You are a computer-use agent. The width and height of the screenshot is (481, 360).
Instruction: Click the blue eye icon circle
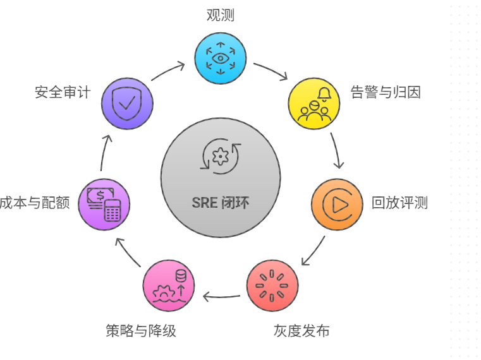pyautogui.click(x=220, y=58)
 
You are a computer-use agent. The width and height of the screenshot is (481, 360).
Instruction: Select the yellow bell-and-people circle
pyautogui.click(x=314, y=104)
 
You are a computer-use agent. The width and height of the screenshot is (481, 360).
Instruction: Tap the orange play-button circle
pyautogui.click(x=338, y=204)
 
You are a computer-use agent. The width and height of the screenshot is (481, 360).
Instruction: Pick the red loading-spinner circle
pyautogui.click(x=272, y=285)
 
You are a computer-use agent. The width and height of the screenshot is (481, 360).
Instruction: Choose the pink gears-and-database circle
pyautogui.click(x=169, y=285)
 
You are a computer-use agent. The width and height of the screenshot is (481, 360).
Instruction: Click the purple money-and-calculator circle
pyautogui.click(x=104, y=204)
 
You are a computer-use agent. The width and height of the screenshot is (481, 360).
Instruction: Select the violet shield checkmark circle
pyautogui.click(x=127, y=104)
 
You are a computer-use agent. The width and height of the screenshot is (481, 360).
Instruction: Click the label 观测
pyautogui.click(x=221, y=15)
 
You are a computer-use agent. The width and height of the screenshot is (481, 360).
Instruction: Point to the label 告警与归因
pyautogui.click(x=386, y=92)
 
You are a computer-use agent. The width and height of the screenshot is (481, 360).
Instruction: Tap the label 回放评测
pyautogui.click(x=399, y=203)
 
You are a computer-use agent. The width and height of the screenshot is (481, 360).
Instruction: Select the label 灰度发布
pyautogui.click(x=301, y=330)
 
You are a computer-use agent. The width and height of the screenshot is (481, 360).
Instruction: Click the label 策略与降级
pyautogui.click(x=140, y=330)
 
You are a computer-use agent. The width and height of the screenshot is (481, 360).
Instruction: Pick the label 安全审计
pyautogui.click(x=63, y=92)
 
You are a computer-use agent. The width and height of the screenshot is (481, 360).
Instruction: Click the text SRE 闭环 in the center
pyautogui.click(x=220, y=203)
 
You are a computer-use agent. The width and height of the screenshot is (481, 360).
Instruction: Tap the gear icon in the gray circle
pyautogui.click(x=221, y=155)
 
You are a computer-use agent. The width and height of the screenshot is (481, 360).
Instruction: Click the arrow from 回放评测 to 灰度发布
pyautogui.click(x=314, y=251)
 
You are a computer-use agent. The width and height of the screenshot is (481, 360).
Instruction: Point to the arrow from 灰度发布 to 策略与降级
pyautogui.click(x=221, y=296)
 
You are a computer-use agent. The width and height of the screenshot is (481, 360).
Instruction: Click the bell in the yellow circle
pyautogui.click(x=324, y=94)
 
